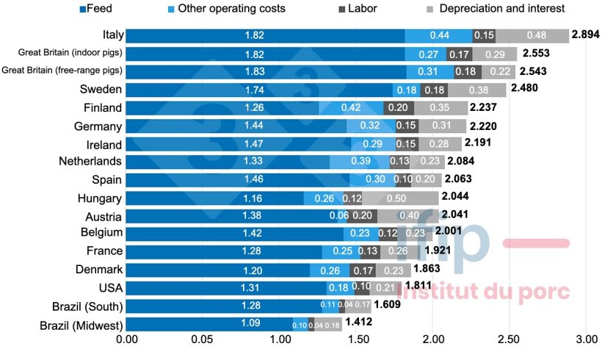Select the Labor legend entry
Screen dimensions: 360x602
coord(361,9)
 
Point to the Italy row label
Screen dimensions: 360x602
coord(112,35)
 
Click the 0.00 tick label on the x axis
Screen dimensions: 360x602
coord(127,341)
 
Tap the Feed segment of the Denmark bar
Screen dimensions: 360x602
coord(219,270)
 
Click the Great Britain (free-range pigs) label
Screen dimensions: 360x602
coord(63,71)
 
